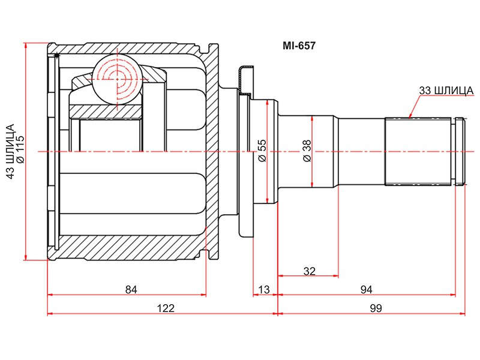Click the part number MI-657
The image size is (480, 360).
[299, 46]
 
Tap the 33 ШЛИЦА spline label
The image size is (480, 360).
[446, 91]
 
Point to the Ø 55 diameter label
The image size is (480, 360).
[262, 151]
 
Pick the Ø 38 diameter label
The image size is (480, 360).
[307, 151]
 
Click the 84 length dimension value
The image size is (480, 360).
[131, 289]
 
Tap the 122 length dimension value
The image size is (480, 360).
[166, 308]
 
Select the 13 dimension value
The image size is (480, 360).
[264, 289]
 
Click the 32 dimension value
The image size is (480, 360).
[309, 271]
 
